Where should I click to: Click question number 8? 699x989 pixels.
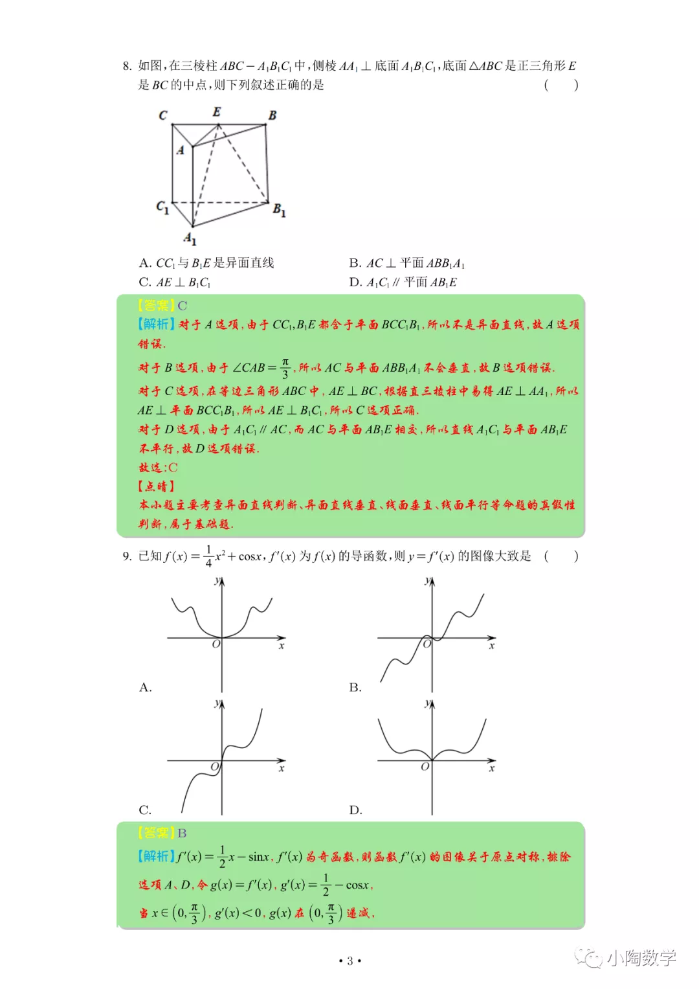[x=127, y=66]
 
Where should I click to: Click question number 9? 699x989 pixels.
[x=127, y=556]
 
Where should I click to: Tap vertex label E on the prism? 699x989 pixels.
[x=217, y=112]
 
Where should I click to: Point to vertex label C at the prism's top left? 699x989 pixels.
[x=163, y=115]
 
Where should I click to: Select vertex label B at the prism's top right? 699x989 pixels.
[x=272, y=115]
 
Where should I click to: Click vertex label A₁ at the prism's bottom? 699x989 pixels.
[x=190, y=238]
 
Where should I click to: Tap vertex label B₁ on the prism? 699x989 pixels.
[x=279, y=210]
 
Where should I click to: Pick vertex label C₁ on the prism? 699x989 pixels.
[x=162, y=207]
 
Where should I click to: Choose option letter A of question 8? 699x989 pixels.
[x=144, y=263]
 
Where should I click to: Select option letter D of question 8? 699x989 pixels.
[x=355, y=282]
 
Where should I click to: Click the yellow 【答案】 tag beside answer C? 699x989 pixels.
[x=156, y=306]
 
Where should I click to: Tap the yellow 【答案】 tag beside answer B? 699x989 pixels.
[x=156, y=833]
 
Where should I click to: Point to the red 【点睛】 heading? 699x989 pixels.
[x=156, y=486]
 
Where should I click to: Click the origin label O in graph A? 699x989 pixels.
[x=216, y=644]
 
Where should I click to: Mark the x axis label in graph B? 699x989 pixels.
[x=492, y=646]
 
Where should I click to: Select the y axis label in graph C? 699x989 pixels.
[x=217, y=703]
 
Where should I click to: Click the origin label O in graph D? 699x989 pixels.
[x=425, y=767]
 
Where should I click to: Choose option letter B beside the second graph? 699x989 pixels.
[x=355, y=687]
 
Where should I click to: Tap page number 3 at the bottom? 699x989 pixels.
[x=349, y=961]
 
